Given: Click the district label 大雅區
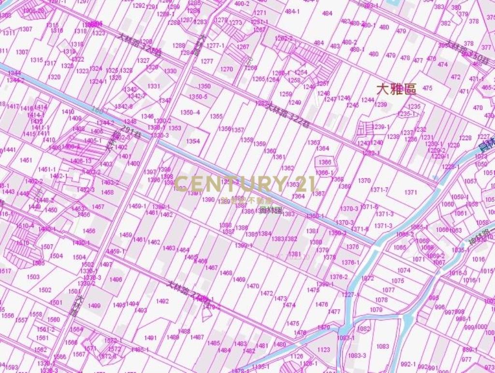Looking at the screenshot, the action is coord(396,89).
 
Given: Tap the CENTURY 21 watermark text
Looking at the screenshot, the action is coord(245,184).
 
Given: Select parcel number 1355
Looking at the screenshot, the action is coord(216,116).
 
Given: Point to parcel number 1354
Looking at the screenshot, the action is coord(193,142).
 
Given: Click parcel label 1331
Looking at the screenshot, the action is coord(154,86).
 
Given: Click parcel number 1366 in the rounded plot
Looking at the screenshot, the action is coord(325,162).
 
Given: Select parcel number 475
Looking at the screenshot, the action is coord(427,88).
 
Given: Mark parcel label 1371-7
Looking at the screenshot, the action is coord(379,190).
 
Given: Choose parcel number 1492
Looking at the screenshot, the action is coord(162,301).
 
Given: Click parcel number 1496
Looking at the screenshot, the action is coord(116,279).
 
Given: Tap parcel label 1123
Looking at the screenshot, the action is coord(324,349).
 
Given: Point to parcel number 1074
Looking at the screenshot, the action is coord(404,271).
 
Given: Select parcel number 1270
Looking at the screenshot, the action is coord(226,70).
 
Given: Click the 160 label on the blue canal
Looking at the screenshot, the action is coord(96,110).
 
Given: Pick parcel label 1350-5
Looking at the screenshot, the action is coord(198,97).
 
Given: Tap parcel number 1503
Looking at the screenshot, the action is coord(33,277).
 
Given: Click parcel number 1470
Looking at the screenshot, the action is coord(253,286).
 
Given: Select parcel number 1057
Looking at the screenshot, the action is coord(470,181).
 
